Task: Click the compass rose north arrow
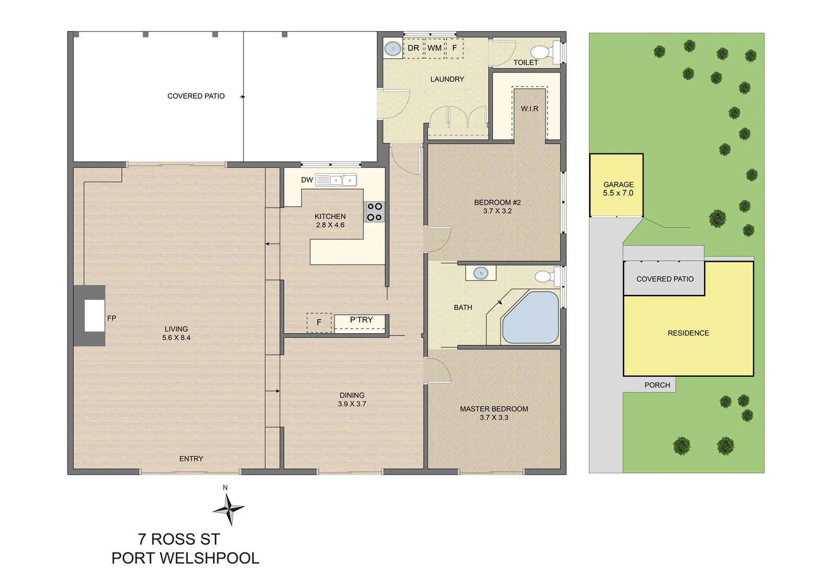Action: [229, 509]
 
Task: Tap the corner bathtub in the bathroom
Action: [530, 317]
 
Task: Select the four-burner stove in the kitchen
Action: [375, 212]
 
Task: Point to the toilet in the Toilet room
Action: [545, 52]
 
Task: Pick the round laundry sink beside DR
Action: [393, 48]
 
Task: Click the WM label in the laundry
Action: [434, 48]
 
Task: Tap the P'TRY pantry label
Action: [361, 320]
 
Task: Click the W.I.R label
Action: [529, 109]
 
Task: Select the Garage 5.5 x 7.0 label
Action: [618, 189]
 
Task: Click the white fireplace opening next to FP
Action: [94, 315]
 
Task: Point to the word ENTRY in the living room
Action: [191, 459]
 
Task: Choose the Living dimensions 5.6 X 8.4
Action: [176, 338]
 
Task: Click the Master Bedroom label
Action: [494, 409]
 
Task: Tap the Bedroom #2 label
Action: [497, 203]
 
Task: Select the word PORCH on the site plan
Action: [657, 385]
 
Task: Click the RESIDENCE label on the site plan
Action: [688, 333]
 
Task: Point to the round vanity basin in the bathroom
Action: [481, 273]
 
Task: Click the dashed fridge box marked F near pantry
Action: [319, 322]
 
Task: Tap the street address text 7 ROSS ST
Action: [179, 540]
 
